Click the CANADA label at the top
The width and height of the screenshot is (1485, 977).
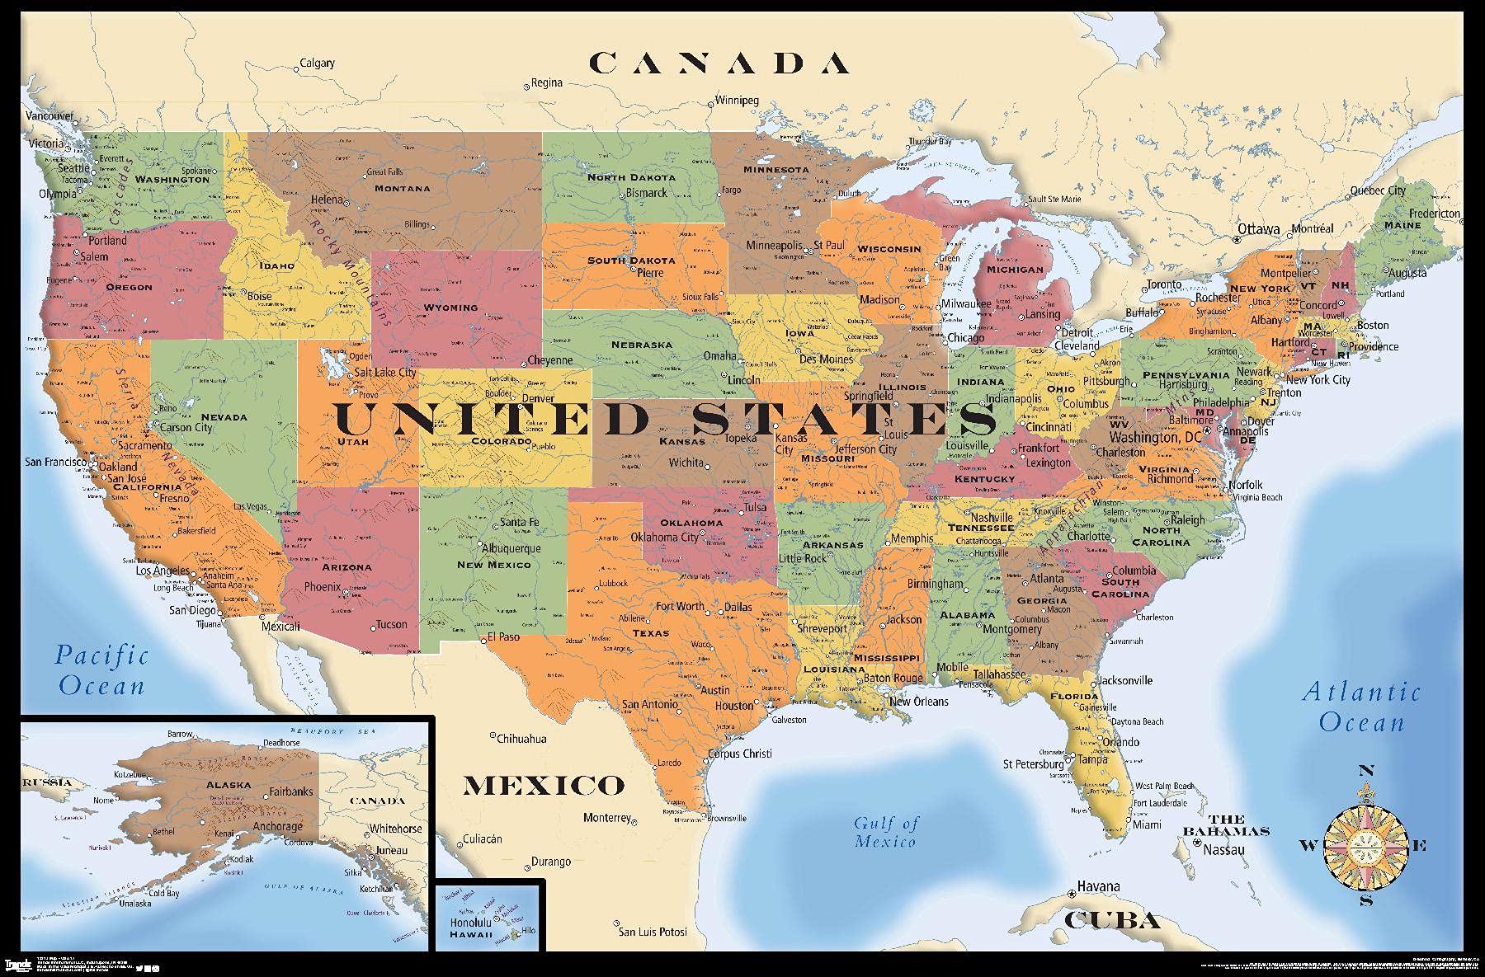click(x=719, y=63)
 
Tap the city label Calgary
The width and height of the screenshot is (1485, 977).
click(x=317, y=63)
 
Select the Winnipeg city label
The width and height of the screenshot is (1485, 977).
click(x=736, y=101)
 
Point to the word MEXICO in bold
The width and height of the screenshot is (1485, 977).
click(x=543, y=785)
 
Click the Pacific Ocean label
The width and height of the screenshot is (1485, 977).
click(x=101, y=670)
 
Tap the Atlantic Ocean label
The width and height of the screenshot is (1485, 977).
click(x=1361, y=707)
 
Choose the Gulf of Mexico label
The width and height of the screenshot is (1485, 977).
click(x=885, y=832)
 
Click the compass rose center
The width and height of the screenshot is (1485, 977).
click(x=1365, y=845)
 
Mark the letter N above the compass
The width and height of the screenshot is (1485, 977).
click(x=1366, y=772)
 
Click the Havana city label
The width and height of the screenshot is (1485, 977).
click(x=1098, y=887)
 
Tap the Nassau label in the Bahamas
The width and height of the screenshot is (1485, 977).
click(x=1223, y=849)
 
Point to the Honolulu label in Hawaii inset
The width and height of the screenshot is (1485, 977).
click(x=470, y=923)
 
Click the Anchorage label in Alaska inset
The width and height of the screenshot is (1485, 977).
click(x=277, y=826)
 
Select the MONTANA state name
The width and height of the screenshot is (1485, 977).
click(x=403, y=189)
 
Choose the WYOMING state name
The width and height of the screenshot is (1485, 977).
click(x=450, y=308)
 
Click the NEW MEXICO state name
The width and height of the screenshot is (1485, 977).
click(x=494, y=565)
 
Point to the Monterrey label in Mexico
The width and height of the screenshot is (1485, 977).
click(x=606, y=818)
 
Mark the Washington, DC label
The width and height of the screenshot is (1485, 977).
click(x=1155, y=437)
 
